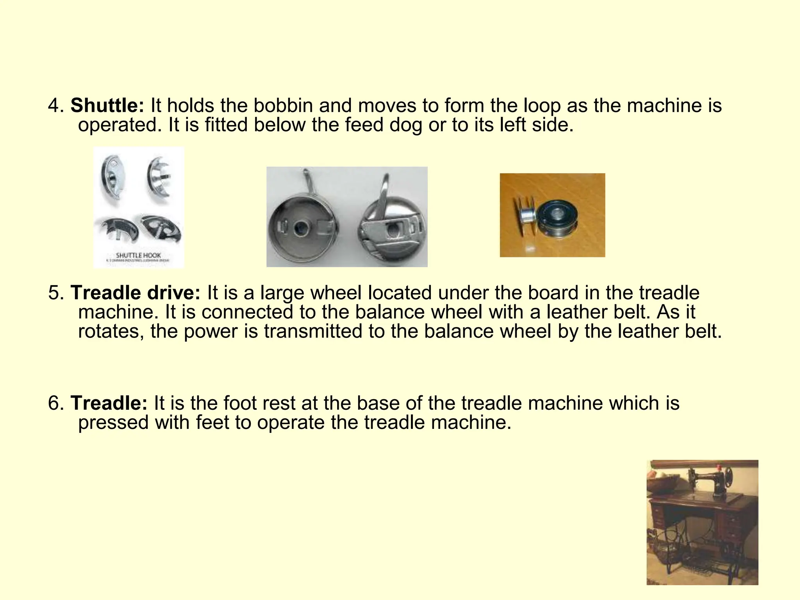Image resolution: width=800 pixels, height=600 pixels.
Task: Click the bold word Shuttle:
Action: click(107, 105)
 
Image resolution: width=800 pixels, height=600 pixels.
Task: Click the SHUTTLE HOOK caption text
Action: click(138, 255)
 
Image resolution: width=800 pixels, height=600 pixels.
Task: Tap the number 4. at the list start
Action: click(56, 105)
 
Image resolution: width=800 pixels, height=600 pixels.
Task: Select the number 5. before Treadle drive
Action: click(56, 293)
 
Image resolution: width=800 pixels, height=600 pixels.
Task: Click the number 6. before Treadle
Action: click(56, 403)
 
